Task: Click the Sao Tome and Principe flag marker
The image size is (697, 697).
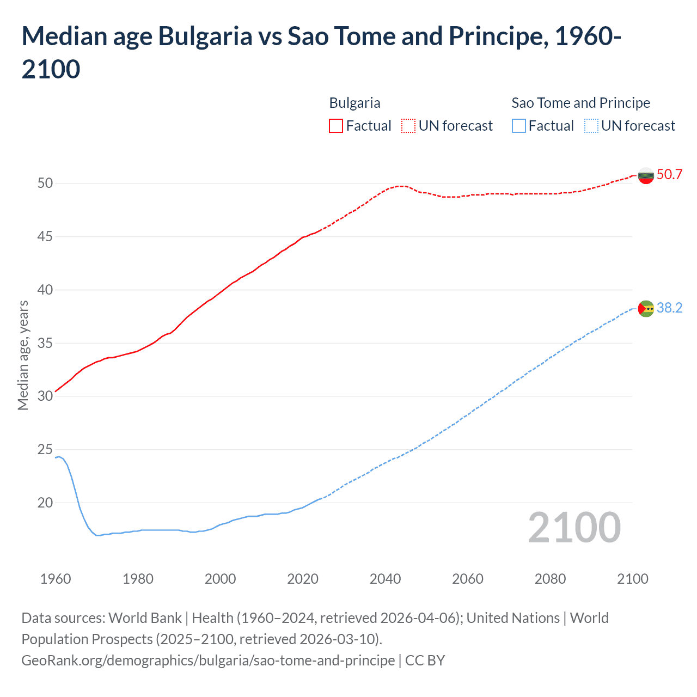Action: tap(646, 309)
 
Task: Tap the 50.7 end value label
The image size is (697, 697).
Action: tap(669, 175)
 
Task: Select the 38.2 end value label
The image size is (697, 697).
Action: tap(669, 308)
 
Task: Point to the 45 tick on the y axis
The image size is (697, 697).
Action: tap(45, 237)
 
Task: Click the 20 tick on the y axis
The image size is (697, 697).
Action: tap(45, 503)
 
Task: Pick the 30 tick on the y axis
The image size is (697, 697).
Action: tap(45, 396)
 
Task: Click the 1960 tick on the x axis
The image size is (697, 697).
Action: tap(56, 579)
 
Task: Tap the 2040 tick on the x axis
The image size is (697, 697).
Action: tap(385, 579)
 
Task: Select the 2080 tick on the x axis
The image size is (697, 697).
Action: tap(550, 579)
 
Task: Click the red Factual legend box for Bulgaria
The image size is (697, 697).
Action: tap(336, 126)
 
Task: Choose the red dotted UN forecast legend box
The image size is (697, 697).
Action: tap(408, 126)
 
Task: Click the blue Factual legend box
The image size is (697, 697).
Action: tap(519, 126)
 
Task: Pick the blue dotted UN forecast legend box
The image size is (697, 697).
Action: tap(591, 126)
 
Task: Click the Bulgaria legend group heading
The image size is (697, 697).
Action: tap(354, 103)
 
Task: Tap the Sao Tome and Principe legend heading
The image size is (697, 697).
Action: tap(580, 103)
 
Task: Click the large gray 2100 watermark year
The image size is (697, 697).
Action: tap(574, 528)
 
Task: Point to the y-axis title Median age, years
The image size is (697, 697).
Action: tap(23, 355)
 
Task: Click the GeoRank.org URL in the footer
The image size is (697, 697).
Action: tap(208, 661)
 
